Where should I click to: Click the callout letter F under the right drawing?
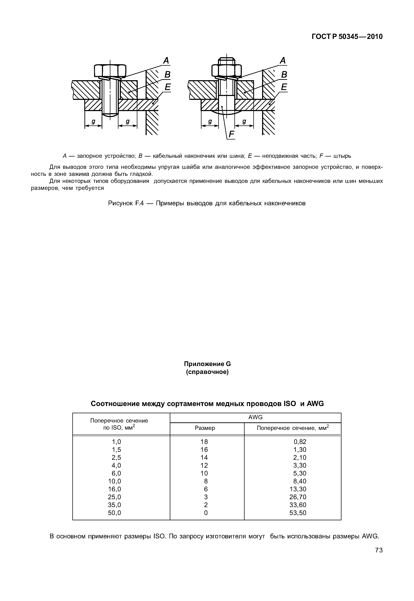(231, 134)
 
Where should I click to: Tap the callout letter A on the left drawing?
(166, 61)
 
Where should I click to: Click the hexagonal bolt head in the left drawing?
(110, 70)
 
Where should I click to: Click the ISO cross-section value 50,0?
(114, 513)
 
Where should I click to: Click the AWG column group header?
(255, 417)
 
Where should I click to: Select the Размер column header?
(205, 428)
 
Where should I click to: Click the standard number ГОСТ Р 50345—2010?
(347, 37)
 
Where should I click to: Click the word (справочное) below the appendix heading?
(207, 372)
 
